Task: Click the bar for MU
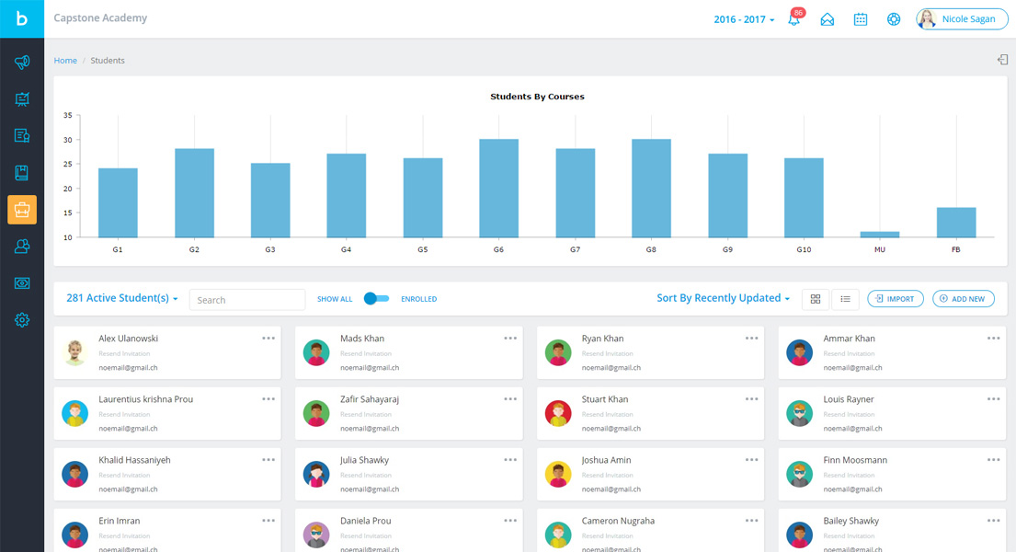coord(880,235)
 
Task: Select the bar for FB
coord(956,223)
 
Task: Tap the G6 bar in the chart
coord(498,189)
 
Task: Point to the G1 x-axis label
coord(118,250)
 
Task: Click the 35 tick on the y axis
coord(67,116)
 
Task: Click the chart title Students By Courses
coord(537,97)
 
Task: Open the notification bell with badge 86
coord(794,19)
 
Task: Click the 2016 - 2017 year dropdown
coord(744,19)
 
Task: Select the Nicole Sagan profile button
coord(962,19)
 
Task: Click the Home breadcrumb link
coord(65,61)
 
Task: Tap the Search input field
coord(247,300)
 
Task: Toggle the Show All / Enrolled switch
coord(376,299)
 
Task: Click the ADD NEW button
coord(963,299)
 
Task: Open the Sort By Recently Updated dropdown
coord(724,298)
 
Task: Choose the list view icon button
coord(845,299)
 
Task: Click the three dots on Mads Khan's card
coord(510,339)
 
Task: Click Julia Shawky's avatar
coord(316,475)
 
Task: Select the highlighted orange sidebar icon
coord(22,210)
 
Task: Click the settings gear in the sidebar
coord(22,320)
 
